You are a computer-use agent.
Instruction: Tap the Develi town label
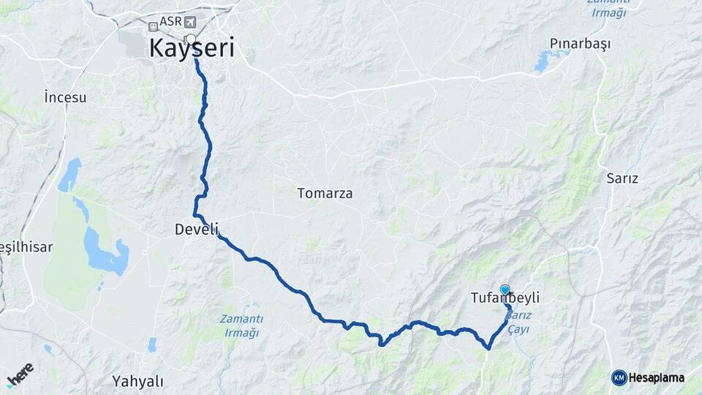196,229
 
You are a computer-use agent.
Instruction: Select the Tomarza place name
325,194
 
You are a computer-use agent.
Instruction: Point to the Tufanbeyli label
506,298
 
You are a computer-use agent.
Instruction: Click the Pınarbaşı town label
581,44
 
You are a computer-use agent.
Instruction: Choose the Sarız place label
622,178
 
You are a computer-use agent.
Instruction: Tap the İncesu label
65,97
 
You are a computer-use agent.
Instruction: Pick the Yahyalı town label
138,380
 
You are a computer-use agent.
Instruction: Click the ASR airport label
171,22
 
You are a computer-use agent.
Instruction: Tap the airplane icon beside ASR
192,22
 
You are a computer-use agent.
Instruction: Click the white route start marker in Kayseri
191,39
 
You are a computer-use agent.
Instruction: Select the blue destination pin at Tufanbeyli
505,290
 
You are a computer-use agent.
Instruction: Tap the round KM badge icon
619,377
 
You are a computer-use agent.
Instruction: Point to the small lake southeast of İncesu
70,175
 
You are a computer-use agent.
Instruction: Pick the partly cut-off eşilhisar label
26,247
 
